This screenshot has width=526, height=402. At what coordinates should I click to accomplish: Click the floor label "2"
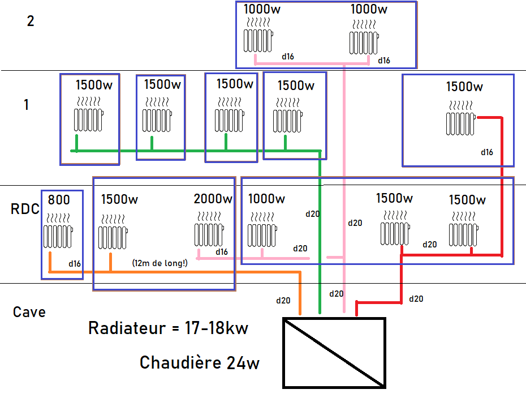[31, 22]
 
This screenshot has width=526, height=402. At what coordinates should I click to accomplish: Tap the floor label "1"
[26, 105]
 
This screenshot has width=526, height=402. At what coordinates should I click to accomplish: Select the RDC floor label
[25, 209]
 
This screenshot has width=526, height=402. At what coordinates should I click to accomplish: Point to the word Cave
[29, 312]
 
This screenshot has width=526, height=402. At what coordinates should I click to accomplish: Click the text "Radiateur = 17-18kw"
[168, 328]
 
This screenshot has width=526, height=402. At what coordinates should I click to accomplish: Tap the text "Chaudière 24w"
[200, 362]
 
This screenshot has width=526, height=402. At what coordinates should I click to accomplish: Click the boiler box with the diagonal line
[334, 353]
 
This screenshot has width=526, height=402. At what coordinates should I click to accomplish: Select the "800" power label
[59, 200]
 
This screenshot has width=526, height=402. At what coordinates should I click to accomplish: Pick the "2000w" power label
[213, 199]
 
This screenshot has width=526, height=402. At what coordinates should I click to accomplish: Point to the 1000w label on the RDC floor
[266, 199]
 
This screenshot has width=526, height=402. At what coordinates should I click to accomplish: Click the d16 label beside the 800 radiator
[75, 263]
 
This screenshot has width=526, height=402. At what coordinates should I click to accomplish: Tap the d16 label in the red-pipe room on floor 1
[487, 152]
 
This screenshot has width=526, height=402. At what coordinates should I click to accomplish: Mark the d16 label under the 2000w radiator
[221, 251]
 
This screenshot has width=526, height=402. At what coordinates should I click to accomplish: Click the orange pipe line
[170, 272]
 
